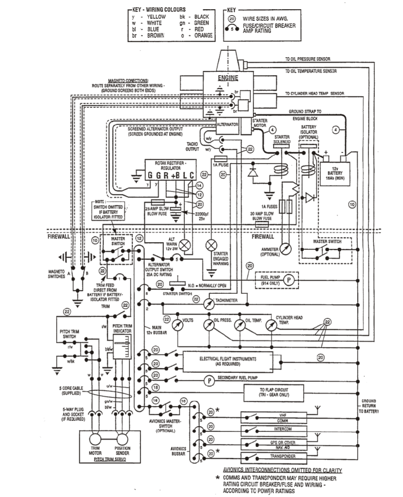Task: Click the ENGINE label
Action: tap(228, 78)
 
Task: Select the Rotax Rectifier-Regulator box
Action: tap(171, 170)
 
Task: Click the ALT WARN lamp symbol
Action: tap(185, 245)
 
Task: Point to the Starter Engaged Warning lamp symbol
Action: tap(211, 245)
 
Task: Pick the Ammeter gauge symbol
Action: tap(285, 249)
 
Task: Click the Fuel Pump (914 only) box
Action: tap(277, 280)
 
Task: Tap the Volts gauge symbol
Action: tap(177, 325)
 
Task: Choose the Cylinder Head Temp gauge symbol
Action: tap(271, 326)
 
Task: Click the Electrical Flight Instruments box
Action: tap(228, 361)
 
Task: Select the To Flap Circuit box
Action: tap(274, 392)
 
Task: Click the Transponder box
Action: tap(283, 456)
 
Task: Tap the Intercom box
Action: tap(283, 429)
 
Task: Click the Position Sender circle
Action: tap(122, 439)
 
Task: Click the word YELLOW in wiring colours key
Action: tap(156, 16)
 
